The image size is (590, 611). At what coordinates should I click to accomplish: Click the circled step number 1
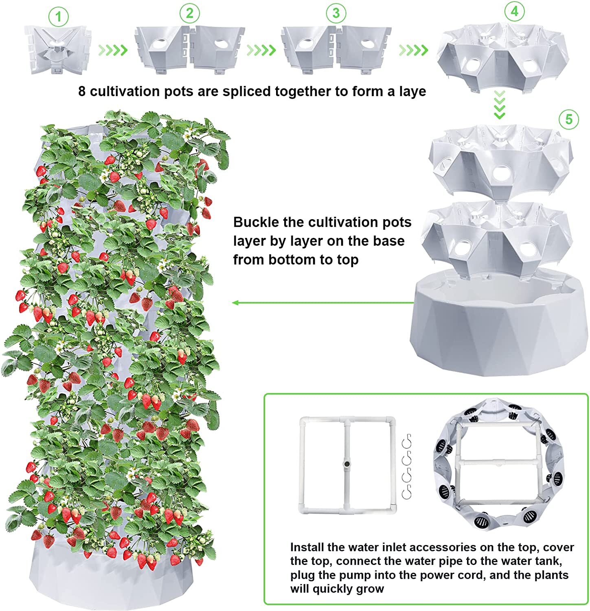[59, 17]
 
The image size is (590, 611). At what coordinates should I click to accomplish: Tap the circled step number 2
[190, 14]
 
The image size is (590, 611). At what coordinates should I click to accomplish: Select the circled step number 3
[336, 13]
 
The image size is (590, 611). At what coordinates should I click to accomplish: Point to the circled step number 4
[514, 12]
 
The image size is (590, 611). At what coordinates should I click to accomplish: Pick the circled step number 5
[568, 119]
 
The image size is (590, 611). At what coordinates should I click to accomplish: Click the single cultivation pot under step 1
[57, 50]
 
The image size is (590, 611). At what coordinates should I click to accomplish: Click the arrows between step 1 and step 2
[113, 50]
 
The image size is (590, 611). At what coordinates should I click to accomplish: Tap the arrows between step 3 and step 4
[413, 50]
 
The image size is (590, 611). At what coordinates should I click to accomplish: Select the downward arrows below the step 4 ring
[500, 105]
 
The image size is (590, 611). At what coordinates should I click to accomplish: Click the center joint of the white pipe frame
[347, 464]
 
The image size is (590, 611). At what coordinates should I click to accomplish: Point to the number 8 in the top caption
[82, 91]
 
